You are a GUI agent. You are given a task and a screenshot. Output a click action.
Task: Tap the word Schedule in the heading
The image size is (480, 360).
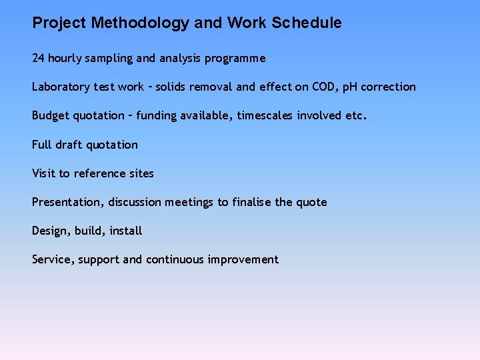306,23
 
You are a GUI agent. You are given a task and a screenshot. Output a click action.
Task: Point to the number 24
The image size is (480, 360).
38,58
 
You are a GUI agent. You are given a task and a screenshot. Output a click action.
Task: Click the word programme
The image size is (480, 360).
235,59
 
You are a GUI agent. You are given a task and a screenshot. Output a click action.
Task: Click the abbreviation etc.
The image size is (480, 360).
356,115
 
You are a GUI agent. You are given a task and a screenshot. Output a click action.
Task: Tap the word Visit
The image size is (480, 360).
44,173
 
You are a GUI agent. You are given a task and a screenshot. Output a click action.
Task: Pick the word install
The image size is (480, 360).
126,231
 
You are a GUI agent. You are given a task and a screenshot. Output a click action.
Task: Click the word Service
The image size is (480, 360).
53,259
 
